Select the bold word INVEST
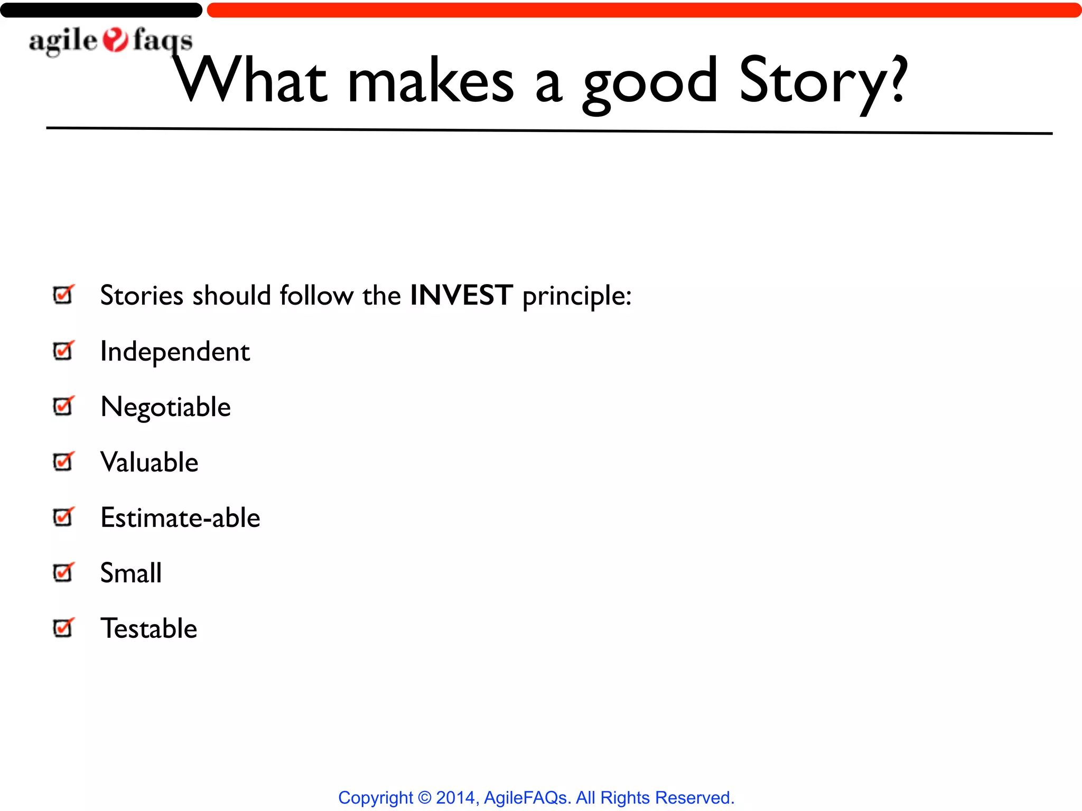(461, 295)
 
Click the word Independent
(175, 352)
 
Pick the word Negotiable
(165, 407)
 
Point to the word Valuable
(150, 463)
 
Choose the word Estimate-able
(180, 518)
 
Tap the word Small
(131, 573)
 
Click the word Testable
(149, 629)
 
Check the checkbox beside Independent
(63, 351)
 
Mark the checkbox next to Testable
(63, 628)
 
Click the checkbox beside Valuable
(63, 461)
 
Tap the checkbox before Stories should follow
(63, 295)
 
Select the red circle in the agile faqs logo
(115, 40)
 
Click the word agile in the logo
(63, 41)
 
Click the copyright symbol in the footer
(424, 798)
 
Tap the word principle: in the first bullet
(576, 296)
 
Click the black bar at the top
(100, 10)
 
